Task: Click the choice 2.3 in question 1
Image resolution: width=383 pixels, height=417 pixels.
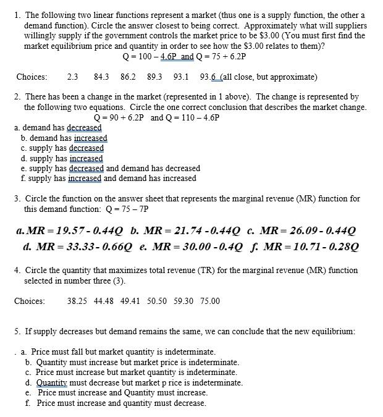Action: point(72,77)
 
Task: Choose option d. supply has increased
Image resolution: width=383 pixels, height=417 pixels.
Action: point(62,158)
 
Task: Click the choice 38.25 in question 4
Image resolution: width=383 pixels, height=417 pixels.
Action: point(78,301)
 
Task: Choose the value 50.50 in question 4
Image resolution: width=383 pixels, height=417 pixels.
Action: point(158,301)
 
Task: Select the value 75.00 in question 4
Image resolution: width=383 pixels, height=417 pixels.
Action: point(209,301)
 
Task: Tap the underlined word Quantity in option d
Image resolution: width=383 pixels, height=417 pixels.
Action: point(52,382)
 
